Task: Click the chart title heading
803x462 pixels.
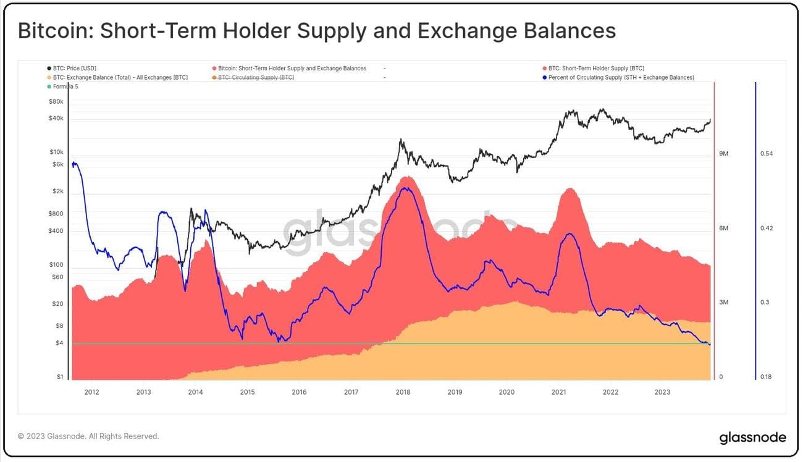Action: [x=316, y=31]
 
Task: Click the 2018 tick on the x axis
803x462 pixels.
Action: [x=403, y=392]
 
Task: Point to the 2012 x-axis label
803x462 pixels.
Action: [x=91, y=392]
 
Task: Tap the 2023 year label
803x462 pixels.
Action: [x=662, y=392]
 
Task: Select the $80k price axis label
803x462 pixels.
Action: [x=56, y=101]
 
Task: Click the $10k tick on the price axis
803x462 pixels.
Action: [x=56, y=151]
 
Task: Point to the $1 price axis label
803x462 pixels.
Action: [x=60, y=377]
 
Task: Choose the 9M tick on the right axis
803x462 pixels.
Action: [x=724, y=153]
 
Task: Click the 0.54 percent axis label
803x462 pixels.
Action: [x=767, y=153]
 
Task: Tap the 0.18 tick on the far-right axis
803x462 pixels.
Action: [x=767, y=377]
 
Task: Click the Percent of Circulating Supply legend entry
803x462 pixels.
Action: [x=621, y=77]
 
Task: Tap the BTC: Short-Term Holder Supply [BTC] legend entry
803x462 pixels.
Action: [x=596, y=68]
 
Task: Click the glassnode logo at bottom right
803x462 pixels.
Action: [x=752, y=438]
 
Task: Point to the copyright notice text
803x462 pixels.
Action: [x=88, y=436]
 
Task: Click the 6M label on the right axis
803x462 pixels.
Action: [x=724, y=228]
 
